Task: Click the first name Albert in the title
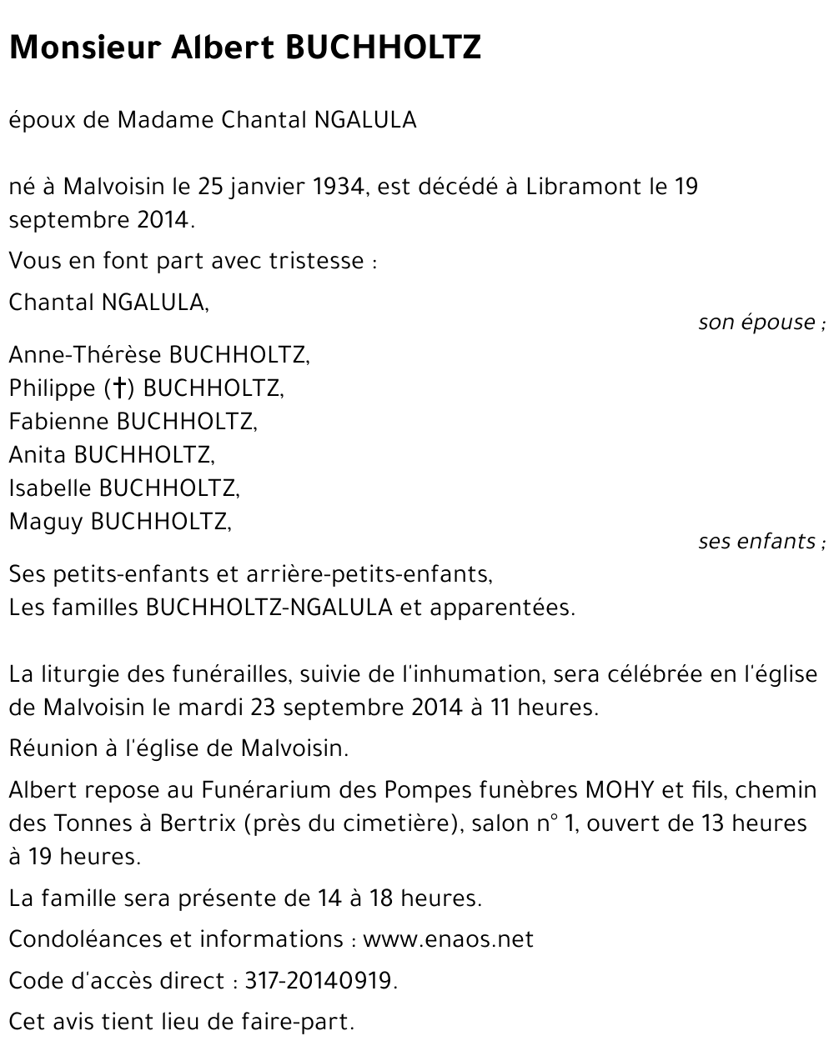point(221,48)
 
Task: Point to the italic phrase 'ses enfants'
point(756,542)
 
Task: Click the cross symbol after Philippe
point(120,388)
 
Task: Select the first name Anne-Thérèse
point(85,355)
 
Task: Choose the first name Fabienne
point(59,422)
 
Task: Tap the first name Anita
point(38,455)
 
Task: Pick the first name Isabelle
point(51,488)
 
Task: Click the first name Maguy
point(46,522)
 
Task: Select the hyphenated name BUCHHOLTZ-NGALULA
point(269,608)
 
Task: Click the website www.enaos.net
point(448,939)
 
